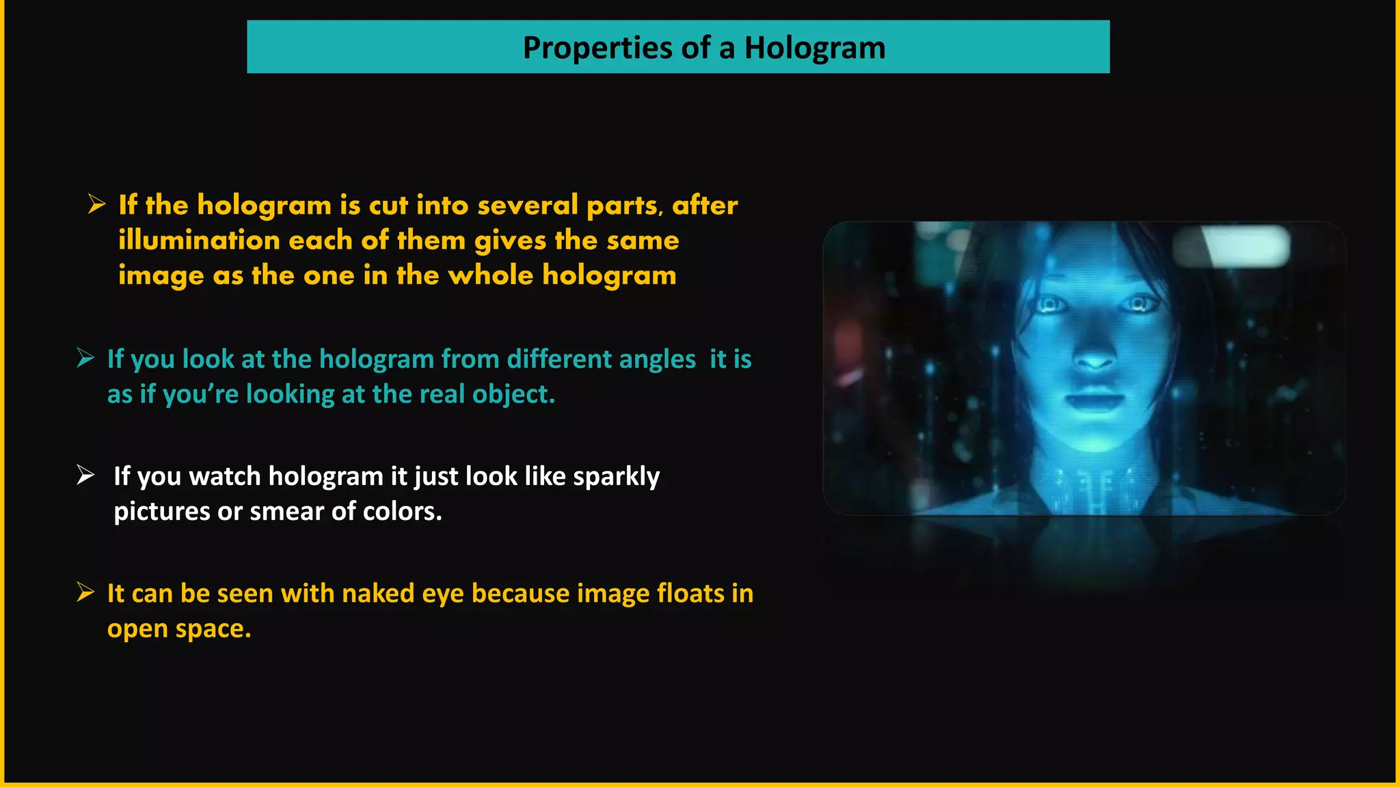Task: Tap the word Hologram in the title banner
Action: click(814, 48)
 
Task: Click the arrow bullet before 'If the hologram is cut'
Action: click(96, 204)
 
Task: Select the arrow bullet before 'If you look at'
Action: click(85, 357)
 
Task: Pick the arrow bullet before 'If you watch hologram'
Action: click(85, 475)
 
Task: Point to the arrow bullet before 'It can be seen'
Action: click(85, 592)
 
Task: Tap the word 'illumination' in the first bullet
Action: click(199, 240)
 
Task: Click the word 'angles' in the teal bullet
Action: click(658, 359)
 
